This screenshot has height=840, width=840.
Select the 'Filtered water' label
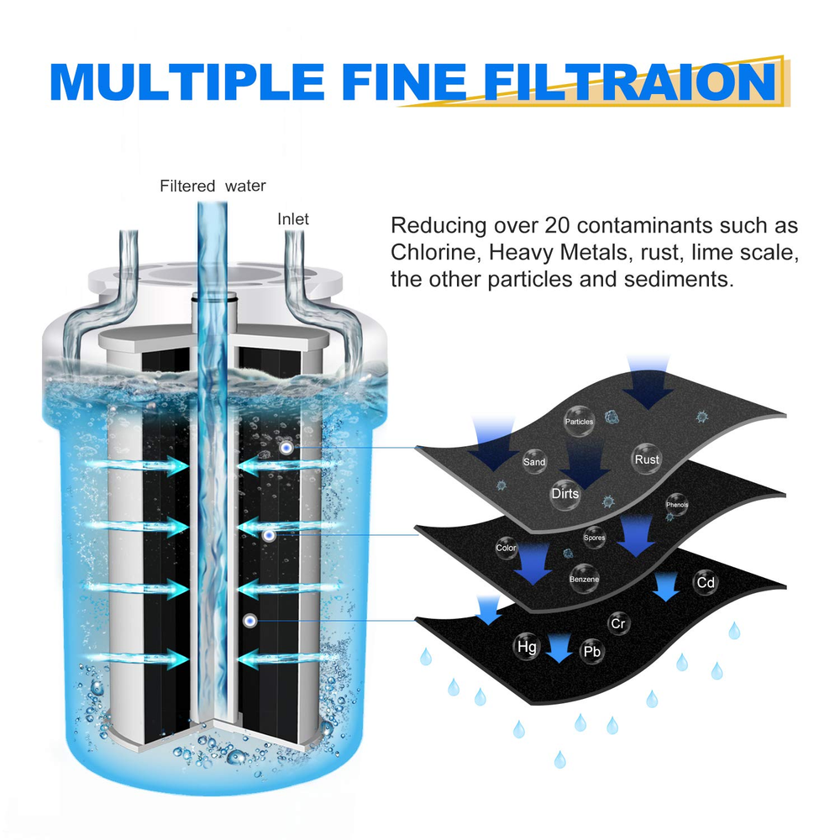point(213,186)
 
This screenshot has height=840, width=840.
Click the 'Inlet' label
point(293,219)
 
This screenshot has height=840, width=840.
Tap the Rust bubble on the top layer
point(647,459)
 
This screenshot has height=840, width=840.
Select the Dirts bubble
point(565,493)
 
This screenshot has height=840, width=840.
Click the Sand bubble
point(534,462)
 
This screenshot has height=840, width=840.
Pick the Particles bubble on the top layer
point(579,422)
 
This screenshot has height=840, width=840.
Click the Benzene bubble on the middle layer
point(584,579)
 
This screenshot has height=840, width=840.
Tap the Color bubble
point(506,548)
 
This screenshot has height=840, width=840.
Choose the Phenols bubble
point(677,505)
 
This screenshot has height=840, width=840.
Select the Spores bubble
point(594,538)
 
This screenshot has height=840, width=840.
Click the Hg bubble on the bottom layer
point(527,647)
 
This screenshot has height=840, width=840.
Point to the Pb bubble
point(591,651)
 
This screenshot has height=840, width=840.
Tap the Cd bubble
point(705,582)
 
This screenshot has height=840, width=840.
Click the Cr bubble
point(618,623)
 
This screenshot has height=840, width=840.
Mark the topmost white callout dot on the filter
point(286,449)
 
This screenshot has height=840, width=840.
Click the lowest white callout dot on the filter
point(249,620)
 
